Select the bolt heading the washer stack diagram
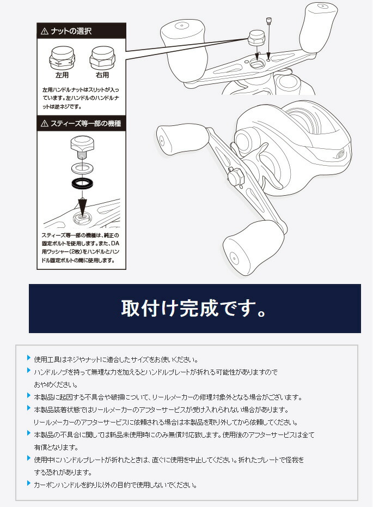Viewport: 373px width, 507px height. [82, 147]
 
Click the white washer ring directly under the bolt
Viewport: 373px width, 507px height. [82, 167]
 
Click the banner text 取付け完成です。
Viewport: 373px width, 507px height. [194, 309]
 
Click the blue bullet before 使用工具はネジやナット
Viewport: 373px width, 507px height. [29, 358]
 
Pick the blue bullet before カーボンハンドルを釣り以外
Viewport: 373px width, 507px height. [29, 484]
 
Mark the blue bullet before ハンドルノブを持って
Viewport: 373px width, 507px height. [29, 371]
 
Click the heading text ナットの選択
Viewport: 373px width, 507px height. [71, 32]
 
